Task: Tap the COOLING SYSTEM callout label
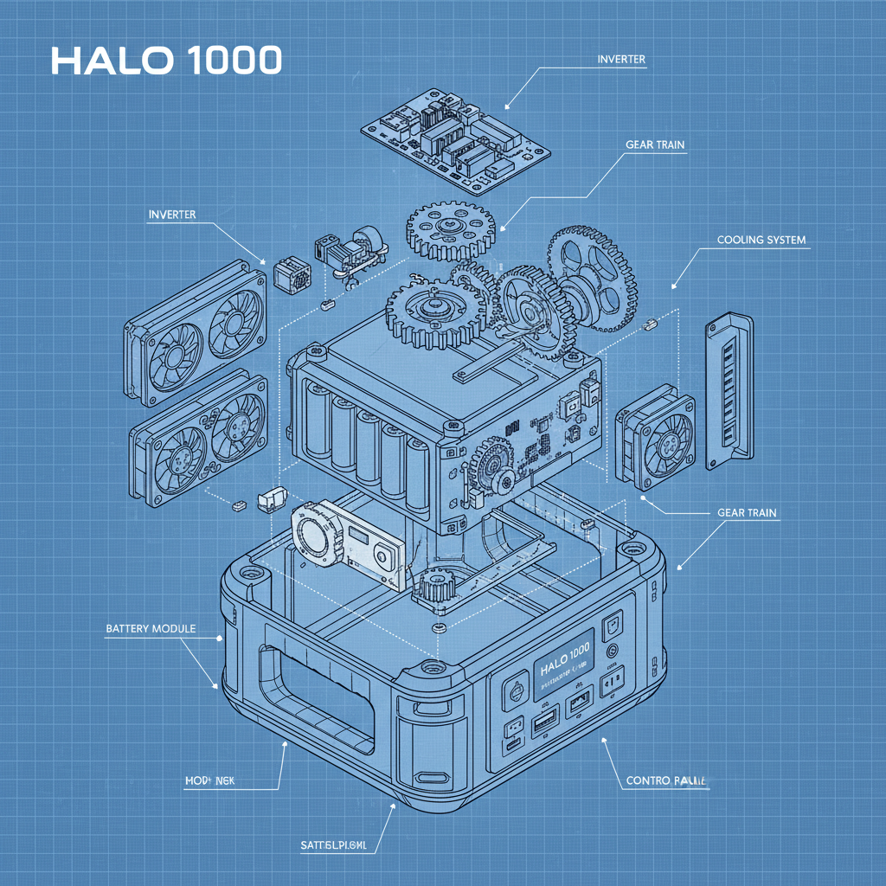[x=761, y=240]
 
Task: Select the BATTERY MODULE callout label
[x=151, y=628]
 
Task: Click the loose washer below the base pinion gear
[x=440, y=626]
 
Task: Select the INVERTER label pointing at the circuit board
[x=621, y=59]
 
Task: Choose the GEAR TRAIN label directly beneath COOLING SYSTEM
[x=747, y=512]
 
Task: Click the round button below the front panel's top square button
[x=613, y=649]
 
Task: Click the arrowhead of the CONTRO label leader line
[x=603, y=741]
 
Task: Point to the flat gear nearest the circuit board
[x=447, y=228]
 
